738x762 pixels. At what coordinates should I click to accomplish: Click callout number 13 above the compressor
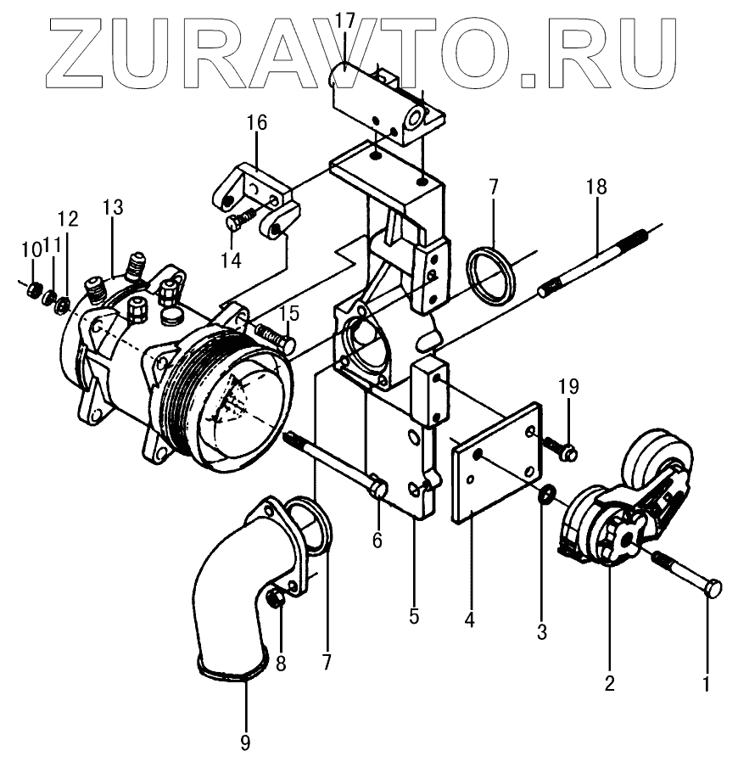click(x=113, y=207)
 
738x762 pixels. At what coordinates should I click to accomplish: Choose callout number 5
click(x=413, y=616)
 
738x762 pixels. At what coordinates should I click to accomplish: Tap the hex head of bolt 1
click(x=714, y=588)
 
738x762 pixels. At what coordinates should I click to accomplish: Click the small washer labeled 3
click(x=547, y=494)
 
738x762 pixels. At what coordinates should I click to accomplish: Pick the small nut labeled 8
click(x=274, y=601)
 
